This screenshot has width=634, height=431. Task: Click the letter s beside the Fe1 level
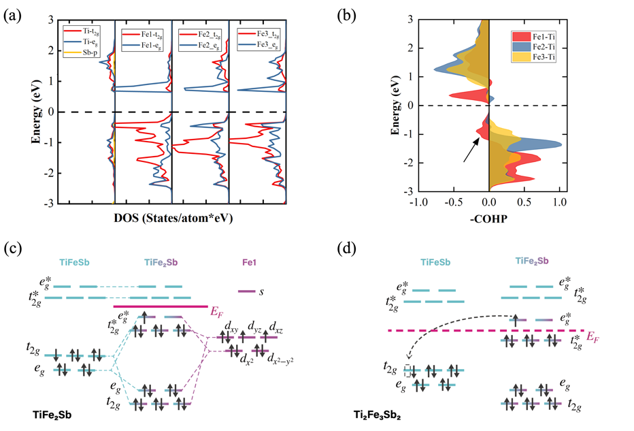(x=262, y=291)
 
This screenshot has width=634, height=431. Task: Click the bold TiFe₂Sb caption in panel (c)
(x=54, y=414)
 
